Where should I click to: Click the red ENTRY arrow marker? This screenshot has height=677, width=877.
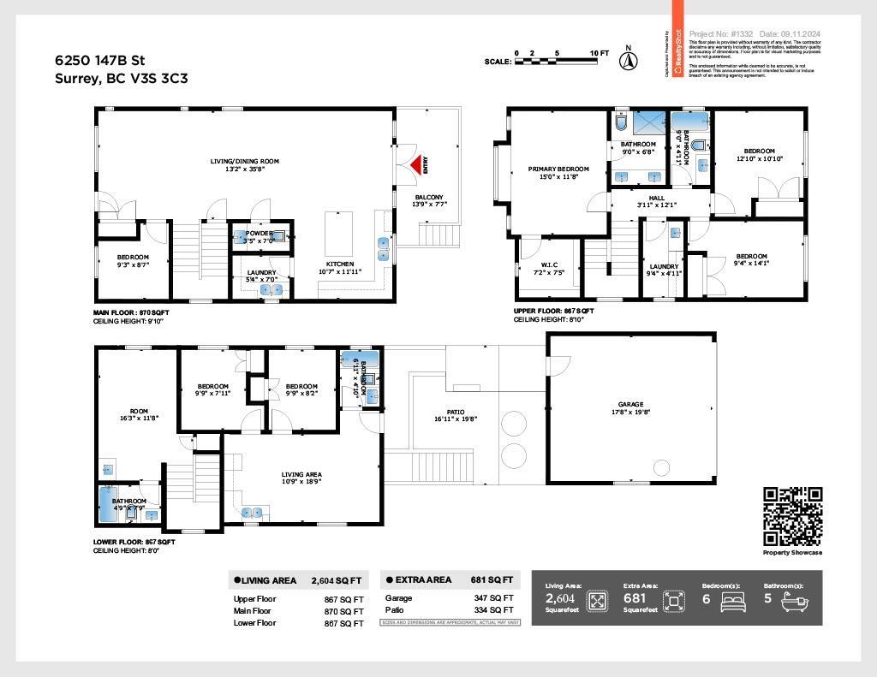click(x=417, y=163)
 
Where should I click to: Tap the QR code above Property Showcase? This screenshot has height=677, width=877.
click(x=792, y=516)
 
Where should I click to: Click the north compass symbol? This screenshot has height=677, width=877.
click(x=628, y=60)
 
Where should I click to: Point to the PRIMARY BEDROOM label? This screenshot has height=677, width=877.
click(x=555, y=169)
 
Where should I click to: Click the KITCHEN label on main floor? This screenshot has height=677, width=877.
click(x=339, y=264)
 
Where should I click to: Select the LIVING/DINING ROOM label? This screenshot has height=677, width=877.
click(x=245, y=161)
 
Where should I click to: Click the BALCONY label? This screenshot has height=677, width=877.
click(x=429, y=197)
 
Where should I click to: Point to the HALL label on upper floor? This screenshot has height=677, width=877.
click(x=657, y=198)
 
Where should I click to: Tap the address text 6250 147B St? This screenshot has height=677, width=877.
click(x=97, y=61)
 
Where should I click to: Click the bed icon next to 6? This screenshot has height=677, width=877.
click(x=733, y=601)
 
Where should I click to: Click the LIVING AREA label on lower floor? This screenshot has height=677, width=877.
click(x=301, y=474)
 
